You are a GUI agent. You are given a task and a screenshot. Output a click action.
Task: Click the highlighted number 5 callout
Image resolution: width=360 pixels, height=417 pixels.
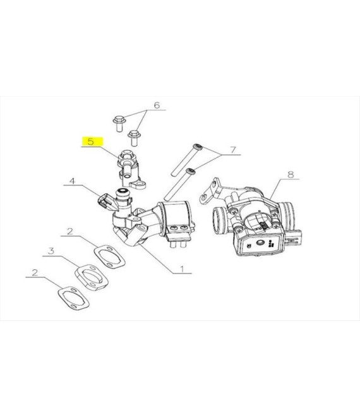[x=91, y=142]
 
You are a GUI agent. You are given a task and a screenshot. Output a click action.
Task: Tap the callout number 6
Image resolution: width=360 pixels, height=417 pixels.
[x=157, y=105]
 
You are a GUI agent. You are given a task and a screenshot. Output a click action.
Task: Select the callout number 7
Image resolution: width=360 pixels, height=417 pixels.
[x=233, y=150]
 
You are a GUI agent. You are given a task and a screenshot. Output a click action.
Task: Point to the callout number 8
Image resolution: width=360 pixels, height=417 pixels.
[x=291, y=174]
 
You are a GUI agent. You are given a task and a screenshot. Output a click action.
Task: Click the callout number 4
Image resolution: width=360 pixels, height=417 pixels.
[x=72, y=181]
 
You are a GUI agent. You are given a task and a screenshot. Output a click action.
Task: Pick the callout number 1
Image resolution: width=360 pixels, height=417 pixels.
[x=182, y=269]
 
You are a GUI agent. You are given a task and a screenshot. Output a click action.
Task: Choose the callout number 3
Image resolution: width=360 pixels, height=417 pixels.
[x=51, y=251]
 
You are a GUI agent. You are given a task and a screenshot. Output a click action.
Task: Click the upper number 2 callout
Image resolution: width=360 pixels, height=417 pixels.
[x=69, y=231]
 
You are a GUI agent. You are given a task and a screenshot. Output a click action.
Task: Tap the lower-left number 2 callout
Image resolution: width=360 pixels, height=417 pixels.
[x=35, y=272]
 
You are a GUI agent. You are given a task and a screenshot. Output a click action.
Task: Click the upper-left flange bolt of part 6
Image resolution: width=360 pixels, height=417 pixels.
[x=118, y=123]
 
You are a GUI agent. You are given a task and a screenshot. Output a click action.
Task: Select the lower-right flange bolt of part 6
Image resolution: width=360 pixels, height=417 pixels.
[x=134, y=138]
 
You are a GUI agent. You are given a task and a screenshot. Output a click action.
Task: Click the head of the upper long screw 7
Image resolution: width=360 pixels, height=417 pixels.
[x=197, y=147]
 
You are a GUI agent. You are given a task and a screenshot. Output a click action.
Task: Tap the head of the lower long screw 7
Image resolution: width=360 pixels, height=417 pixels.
[x=191, y=171]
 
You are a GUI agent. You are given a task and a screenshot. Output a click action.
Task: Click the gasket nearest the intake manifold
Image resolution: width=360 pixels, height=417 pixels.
[x=110, y=257]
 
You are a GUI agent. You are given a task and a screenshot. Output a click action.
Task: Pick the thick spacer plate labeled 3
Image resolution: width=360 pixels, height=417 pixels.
[x=91, y=277]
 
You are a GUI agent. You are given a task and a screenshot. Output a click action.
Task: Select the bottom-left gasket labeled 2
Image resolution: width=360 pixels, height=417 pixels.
[x=73, y=298]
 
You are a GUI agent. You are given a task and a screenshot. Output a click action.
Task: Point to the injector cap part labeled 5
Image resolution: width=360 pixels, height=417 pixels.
[x=129, y=169]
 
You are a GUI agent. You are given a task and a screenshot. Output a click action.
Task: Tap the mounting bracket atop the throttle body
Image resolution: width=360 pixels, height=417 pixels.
[x=213, y=190]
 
